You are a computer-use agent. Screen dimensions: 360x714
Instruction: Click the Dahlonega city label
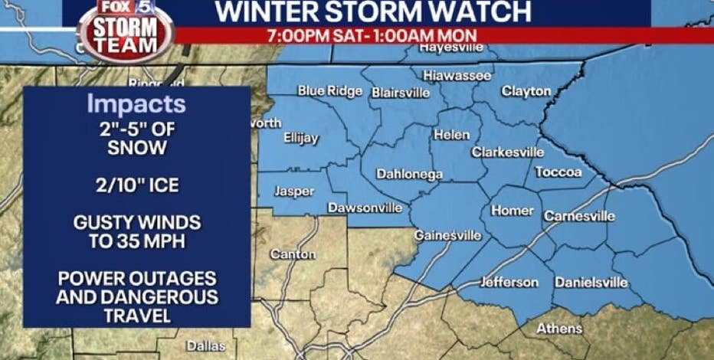(409, 174)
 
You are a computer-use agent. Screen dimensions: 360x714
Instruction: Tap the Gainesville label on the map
(447, 235)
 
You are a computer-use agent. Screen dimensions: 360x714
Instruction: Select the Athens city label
(558, 328)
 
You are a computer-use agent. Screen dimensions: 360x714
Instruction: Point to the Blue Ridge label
(329, 90)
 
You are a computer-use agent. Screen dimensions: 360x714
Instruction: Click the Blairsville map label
(400, 93)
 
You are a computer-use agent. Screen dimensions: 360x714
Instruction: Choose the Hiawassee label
(457, 76)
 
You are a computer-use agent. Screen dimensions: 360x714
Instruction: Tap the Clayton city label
(526, 91)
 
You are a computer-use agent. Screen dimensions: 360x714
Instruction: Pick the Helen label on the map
(451, 135)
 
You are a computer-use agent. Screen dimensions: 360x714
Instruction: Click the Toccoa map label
(558, 172)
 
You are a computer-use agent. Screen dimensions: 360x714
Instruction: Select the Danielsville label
(591, 283)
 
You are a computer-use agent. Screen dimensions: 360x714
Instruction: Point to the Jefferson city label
(509, 282)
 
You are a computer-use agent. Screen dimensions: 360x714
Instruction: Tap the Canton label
(293, 254)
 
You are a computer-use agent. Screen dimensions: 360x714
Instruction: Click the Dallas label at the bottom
(206, 345)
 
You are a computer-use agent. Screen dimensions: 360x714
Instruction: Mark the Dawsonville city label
(365, 208)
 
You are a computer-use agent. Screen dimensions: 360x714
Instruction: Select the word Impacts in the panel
(136, 103)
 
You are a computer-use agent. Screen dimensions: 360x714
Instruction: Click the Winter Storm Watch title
(372, 11)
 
